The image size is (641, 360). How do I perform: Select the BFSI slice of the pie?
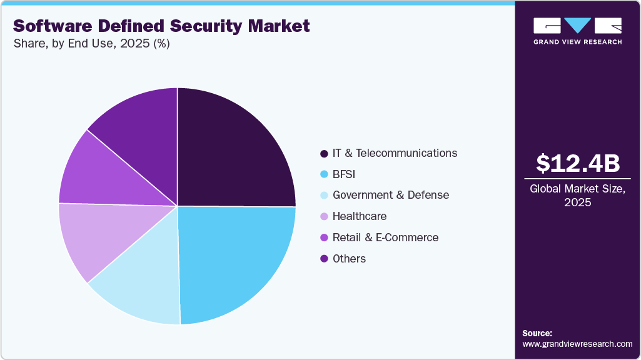click(235, 262)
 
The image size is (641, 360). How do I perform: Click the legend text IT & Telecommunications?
click(395, 153)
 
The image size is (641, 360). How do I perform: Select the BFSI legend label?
click(345, 174)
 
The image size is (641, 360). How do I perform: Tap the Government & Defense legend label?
click(390, 195)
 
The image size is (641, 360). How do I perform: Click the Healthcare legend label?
click(359, 216)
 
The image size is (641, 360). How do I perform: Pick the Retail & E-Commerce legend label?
click(385, 237)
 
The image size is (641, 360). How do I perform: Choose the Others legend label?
click(349, 259)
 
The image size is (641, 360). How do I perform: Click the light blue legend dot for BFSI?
click(323, 174)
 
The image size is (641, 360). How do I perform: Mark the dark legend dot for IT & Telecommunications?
click(323, 154)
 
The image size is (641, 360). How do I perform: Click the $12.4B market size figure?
click(578, 163)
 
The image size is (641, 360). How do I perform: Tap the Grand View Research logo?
click(578, 30)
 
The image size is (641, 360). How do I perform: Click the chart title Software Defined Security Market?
click(161, 26)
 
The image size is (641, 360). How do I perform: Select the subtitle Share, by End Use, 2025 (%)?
click(91, 44)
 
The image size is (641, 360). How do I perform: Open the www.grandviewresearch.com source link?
click(577, 344)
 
